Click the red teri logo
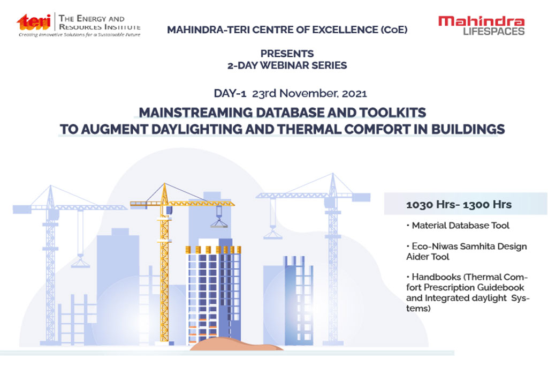coord(34,21)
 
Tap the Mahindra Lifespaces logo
coord(482,26)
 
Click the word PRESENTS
coord(287,54)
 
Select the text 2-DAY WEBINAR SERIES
coord(287,65)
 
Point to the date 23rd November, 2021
coord(310,93)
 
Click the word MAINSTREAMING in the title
coord(196,113)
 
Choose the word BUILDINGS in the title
coord(468,130)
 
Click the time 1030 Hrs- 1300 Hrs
coord(459,205)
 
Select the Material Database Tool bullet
coord(458,226)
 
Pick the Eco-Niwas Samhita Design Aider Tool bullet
coord(467,251)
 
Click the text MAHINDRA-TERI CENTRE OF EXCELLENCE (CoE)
coord(287,30)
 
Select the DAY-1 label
coord(230,93)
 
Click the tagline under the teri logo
coord(79,35)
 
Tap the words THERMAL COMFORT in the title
coord(344,130)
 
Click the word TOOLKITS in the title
coord(393,113)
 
